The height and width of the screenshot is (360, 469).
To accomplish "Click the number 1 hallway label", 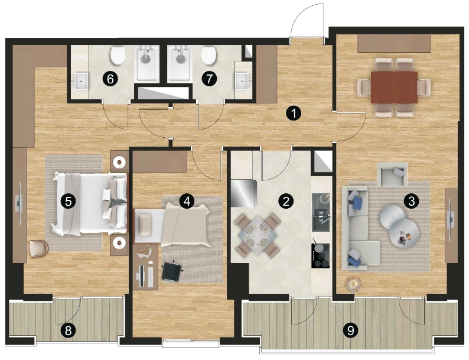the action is point(294,113).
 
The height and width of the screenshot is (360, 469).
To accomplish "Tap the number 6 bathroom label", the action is point(110,79).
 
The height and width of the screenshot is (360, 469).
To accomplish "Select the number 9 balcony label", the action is point(350,330).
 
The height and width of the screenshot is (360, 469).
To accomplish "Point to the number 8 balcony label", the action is point(68,330).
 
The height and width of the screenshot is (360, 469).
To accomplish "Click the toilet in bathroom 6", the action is point(118,55).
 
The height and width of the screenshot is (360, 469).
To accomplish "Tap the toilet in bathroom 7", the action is point(209,55).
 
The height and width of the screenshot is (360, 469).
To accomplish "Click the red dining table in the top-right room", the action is point(394,87).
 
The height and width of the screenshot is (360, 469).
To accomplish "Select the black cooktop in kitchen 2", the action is point(321,256).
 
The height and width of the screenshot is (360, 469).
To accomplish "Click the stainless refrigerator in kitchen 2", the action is point(244,193).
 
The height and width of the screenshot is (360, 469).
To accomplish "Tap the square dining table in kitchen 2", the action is point(257,235).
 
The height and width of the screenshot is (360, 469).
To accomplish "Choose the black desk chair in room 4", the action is point(172,271).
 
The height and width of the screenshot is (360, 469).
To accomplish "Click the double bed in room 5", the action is point(90,203).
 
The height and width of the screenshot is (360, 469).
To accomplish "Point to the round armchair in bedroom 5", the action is point(39,249).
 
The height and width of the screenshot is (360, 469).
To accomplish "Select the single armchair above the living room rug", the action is point(392,174).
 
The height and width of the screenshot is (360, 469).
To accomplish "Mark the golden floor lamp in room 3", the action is point(353,283).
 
